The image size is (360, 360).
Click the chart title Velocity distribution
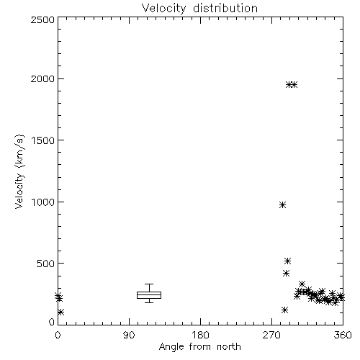point(199,9)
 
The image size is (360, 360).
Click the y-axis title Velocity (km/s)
point(19,171)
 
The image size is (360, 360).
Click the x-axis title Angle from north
point(199,347)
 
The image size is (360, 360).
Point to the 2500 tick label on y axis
point(42,19)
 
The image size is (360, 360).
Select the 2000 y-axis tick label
point(42,78)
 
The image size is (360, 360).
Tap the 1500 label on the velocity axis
point(43,140)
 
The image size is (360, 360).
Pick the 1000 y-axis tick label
point(43,202)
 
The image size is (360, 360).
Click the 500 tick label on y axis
point(46,264)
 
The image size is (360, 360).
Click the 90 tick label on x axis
point(129,335)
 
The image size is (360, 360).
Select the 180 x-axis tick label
point(200,335)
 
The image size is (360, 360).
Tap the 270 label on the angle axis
point(271,335)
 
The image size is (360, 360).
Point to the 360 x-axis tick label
point(343,335)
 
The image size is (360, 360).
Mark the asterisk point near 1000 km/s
point(282,205)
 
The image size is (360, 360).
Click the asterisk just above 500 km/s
point(287,261)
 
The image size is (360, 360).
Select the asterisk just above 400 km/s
point(286,274)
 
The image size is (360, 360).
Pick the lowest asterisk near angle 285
point(284,310)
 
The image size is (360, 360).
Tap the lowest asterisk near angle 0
point(60,312)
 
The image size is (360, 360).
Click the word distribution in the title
point(225,9)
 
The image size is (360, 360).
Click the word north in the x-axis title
point(229,347)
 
